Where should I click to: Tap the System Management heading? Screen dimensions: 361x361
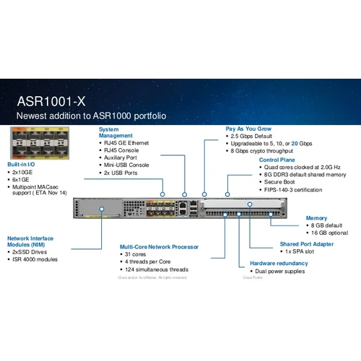click(116, 133)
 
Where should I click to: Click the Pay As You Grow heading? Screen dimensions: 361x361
click(248, 129)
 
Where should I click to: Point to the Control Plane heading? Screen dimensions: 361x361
click(278, 160)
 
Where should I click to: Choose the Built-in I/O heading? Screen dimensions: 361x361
click(22, 164)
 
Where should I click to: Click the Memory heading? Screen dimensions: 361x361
click(316, 217)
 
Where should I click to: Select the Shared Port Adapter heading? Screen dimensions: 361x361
click(306, 244)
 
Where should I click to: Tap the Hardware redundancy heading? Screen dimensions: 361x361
click(279, 263)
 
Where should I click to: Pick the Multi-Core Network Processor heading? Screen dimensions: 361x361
click(159, 246)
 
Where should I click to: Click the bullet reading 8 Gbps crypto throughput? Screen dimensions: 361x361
click(261, 150)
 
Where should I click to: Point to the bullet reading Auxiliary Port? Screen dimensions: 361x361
click(121, 157)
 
